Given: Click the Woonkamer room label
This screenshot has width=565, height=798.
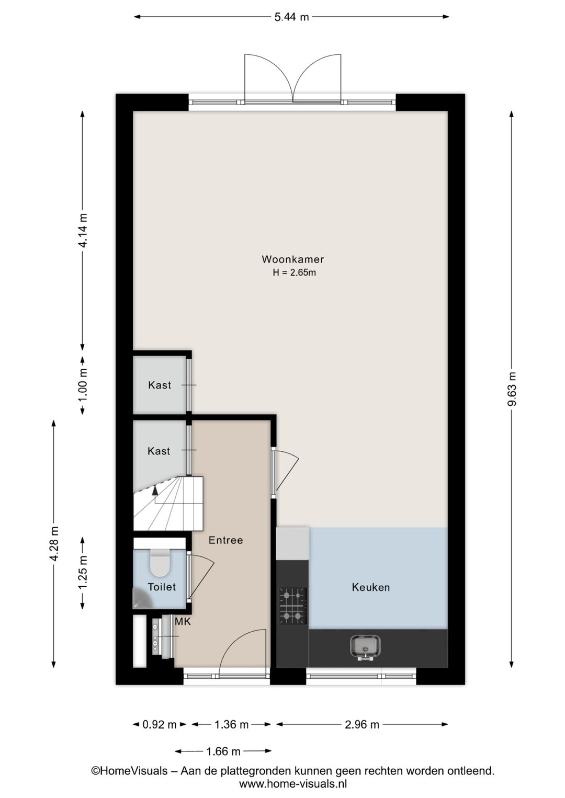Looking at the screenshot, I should tap(292, 259).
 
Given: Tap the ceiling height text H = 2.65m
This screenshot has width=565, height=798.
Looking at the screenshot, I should tap(294, 272).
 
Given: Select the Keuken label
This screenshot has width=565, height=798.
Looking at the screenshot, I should tap(370, 587).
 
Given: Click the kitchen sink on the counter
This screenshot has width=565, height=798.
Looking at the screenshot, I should tap(365, 647).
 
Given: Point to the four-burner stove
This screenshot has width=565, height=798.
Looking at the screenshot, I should tap(292, 606).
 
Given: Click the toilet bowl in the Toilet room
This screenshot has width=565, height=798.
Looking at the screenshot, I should tap(159, 564).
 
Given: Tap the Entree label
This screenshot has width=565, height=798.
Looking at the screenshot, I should tap(225, 540).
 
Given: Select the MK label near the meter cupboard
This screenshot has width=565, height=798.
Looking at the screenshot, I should tap(183, 622).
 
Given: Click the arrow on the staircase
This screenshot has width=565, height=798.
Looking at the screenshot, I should tap(154, 491).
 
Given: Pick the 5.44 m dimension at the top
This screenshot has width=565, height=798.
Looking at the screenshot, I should tap(291, 17).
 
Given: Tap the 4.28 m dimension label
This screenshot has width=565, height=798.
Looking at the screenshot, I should tap(54, 544).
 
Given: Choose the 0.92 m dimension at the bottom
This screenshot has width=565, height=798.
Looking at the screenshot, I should tap(160, 724).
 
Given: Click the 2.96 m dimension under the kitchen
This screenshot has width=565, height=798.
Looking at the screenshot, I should tap(362, 724).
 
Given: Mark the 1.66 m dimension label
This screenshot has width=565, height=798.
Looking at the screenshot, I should tap(223, 751).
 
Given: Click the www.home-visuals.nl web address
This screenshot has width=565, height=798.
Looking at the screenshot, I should tap(293, 783).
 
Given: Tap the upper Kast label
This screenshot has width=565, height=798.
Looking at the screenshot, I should tap(160, 385).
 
